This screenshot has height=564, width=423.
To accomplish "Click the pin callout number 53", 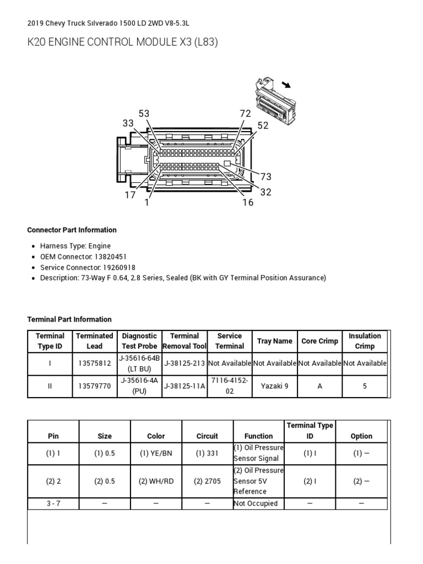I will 144,113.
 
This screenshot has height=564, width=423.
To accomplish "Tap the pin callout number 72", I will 245,113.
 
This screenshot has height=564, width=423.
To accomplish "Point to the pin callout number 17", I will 130,195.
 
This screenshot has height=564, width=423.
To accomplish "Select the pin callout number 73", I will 266,177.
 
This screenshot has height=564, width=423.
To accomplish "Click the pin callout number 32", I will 266,192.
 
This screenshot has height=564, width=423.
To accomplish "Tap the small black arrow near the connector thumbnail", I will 286,84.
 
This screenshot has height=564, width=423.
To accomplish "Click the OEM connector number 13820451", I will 116,257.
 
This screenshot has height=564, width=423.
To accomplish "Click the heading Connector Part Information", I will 72,230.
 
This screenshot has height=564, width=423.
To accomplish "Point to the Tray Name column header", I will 275,341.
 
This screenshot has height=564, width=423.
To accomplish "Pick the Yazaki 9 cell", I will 275,386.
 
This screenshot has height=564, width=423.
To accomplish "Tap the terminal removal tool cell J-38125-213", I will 185,364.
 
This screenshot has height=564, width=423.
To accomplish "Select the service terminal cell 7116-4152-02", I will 230,386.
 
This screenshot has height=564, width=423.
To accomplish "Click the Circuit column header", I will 207,436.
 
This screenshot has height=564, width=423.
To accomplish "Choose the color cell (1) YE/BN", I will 156,453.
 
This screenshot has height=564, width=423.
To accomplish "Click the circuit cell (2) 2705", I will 207,481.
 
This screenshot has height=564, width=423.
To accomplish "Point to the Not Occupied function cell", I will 256,503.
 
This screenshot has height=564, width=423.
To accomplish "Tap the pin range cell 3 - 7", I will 53,503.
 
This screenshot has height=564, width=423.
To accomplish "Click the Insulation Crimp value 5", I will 365,386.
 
